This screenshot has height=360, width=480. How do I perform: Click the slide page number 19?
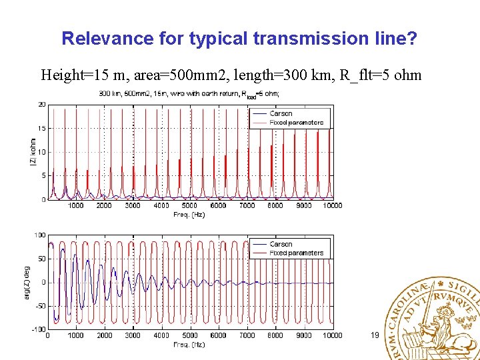[x=374, y=335]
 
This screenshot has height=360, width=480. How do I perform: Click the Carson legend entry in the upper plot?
[x=281, y=114]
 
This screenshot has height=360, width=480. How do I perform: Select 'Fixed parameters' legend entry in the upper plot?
[x=296, y=123]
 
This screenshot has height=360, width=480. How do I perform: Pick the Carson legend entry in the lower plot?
[x=281, y=245]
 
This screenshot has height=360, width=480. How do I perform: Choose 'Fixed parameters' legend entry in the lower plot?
[x=296, y=253]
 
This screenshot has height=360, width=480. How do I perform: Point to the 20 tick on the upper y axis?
[x=41, y=105]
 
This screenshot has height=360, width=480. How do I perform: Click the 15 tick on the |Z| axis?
[x=41, y=129]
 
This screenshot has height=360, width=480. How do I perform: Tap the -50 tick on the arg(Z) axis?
[x=40, y=306]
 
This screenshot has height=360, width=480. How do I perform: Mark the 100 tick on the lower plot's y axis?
[x=40, y=235]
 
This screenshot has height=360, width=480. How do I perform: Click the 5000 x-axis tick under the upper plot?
[x=190, y=205]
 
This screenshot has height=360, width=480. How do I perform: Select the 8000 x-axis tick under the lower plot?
[x=275, y=335]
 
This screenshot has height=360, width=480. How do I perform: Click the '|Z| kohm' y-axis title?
[x=33, y=153]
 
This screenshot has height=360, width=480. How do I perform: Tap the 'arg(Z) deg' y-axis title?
[x=28, y=283]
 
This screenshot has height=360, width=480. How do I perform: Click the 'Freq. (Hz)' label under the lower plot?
[x=190, y=345]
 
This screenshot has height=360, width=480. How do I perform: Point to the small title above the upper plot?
[x=190, y=93]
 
